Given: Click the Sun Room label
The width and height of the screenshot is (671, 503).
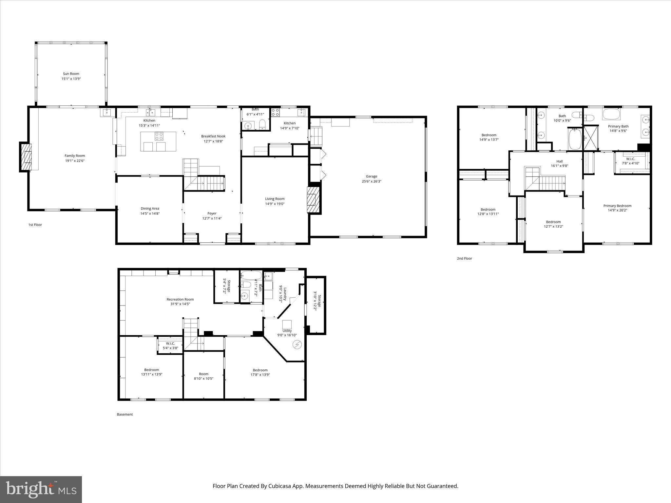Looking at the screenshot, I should click(x=71, y=74).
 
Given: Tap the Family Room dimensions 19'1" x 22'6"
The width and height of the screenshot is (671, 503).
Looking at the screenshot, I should click(x=75, y=161).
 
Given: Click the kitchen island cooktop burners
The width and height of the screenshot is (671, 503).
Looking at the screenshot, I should click(x=159, y=136).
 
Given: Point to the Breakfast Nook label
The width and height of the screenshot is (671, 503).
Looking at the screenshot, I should click(x=213, y=136).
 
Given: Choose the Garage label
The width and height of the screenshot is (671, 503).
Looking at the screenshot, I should click(x=372, y=176).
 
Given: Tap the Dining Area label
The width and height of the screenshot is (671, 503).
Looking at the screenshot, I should click(x=150, y=208).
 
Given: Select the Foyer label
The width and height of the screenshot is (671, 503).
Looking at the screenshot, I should click(x=212, y=213).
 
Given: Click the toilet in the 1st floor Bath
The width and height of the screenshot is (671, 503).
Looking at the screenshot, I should click(x=262, y=124).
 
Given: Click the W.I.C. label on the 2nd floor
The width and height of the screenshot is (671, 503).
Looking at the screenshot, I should click(x=630, y=159).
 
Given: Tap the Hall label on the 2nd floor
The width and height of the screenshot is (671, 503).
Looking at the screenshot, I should click(x=559, y=161).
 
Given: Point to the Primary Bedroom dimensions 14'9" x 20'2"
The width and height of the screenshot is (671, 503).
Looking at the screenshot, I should click(x=617, y=210).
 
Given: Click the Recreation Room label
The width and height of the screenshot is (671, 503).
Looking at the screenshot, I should click(x=180, y=299).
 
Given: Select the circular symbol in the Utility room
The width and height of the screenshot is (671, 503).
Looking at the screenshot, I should click(x=298, y=345).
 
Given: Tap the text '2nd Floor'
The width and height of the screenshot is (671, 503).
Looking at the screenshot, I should click(x=464, y=258).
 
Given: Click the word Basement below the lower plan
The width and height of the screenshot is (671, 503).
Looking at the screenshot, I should click(x=125, y=414).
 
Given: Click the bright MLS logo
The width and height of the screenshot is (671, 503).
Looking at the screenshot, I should click(x=41, y=489).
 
